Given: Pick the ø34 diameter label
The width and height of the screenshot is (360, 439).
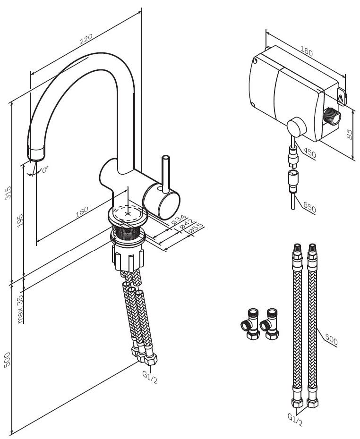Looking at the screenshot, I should [x=178, y=220].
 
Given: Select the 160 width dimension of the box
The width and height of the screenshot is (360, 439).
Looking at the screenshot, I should [x=306, y=51].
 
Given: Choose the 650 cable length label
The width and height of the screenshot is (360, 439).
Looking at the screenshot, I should [x=310, y=208].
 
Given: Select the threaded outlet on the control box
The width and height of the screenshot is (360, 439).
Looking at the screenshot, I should [x=333, y=116].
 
